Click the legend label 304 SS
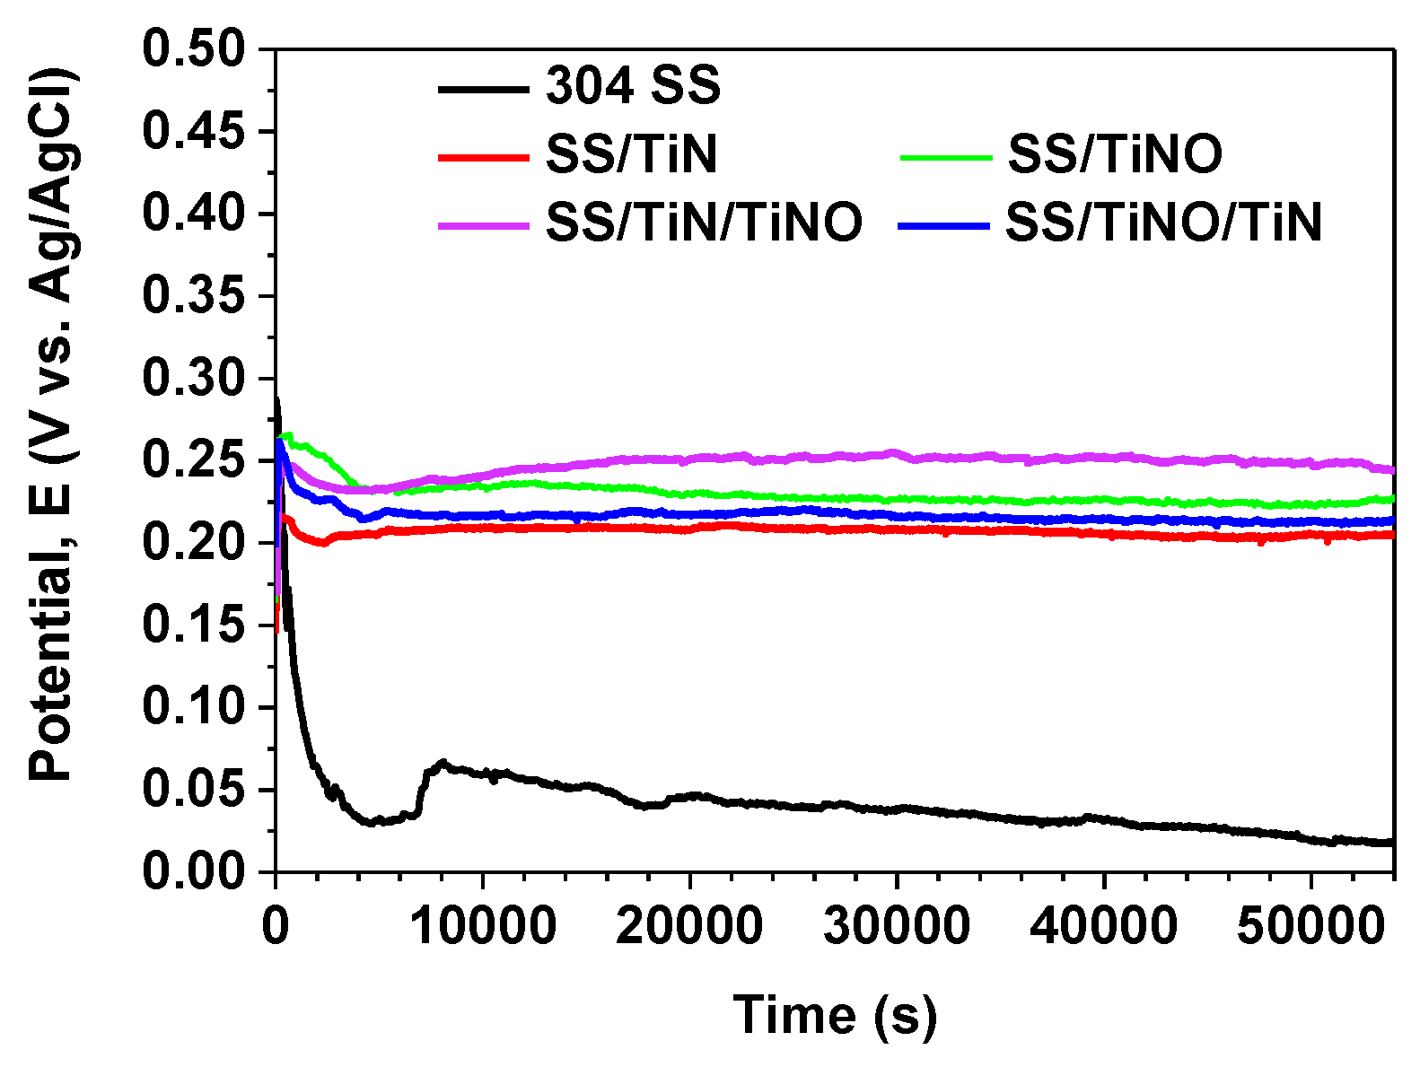[x=633, y=87]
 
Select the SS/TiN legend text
[x=633, y=155]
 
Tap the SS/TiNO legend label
[x=1115, y=155]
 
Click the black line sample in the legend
[x=483, y=89]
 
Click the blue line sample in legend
[x=942, y=224]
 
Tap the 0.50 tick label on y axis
[x=193, y=48]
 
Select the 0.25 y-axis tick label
[x=193, y=461]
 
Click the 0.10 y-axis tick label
[x=193, y=708]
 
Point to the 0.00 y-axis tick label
[x=193, y=872]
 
